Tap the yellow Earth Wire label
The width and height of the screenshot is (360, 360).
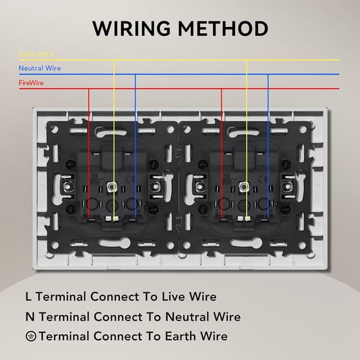[36, 55]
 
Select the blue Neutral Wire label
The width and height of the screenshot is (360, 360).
[39, 69]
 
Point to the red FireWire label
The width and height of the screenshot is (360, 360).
[31, 83]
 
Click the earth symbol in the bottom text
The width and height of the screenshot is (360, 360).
[31, 336]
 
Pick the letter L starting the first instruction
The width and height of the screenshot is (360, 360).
[29, 296]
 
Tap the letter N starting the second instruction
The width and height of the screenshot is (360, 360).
[30, 317]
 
